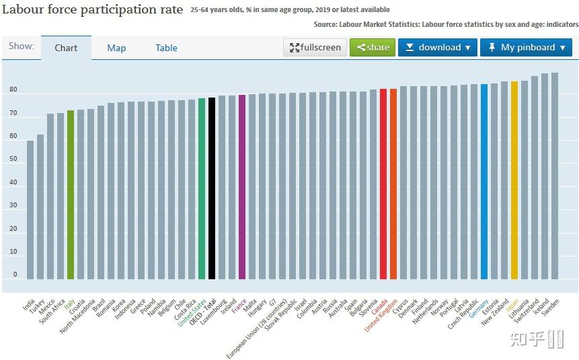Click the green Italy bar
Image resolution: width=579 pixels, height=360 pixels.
point(71,194)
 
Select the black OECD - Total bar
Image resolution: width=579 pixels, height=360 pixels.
point(212,188)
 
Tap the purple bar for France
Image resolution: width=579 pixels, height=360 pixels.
point(242,187)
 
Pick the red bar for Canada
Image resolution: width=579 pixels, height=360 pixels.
point(383,184)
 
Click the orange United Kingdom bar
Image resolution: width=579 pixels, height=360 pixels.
point(393,184)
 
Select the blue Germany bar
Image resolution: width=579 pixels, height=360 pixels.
point(484,182)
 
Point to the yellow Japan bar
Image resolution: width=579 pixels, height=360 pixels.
point(514,180)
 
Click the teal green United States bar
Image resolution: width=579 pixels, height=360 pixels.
point(202,189)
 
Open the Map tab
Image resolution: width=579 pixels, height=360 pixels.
point(116,48)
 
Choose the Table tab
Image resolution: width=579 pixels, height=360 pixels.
point(166,48)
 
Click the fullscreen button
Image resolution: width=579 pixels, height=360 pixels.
point(315,47)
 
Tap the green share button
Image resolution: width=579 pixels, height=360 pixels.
point(373,47)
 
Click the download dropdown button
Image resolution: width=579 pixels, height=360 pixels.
point(438,47)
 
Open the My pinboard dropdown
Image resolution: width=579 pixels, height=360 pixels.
point(526,47)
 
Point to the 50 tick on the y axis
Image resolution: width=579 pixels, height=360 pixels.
point(13,159)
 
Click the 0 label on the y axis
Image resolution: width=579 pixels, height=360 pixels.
point(15,275)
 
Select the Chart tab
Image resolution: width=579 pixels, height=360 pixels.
point(66,48)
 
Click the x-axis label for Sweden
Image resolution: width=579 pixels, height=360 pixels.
point(551,307)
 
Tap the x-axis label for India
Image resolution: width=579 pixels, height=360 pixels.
point(28,305)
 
